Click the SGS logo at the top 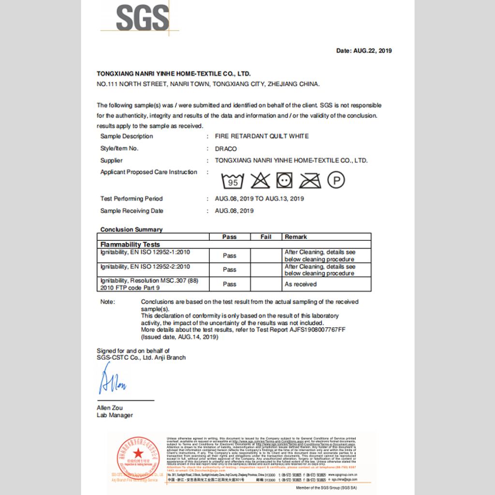(x=143, y=18)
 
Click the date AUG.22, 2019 (x=372, y=51)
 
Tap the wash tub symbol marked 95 (x=233, y=181)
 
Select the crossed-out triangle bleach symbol (x=260, y=181)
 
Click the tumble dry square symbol (x=285, y=181)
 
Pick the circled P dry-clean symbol (x=336, y=181)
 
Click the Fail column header (x=266, y=237)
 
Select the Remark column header (x=296, y=237)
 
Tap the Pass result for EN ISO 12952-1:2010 (x=230, y=256)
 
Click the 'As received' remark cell (x=301, y=284)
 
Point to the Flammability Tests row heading (x=130, y=245)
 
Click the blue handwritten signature (x=112, y=380)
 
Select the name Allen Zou (x=110, y=408)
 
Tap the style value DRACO (x=226, y=148)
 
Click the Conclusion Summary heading (x=131, y=230)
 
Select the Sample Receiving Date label (x=131, y=211)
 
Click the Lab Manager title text (x=115, y=415)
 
